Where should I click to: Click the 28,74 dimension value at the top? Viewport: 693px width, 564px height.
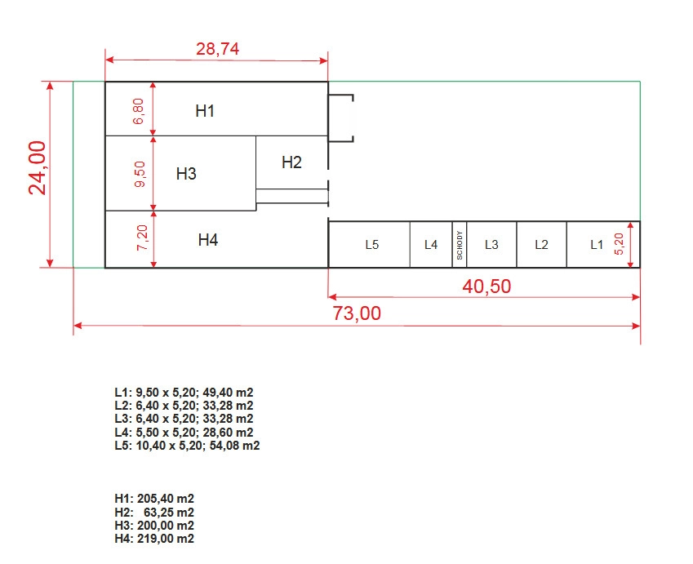[217, 48]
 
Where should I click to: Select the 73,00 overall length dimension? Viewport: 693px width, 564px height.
[357, 313]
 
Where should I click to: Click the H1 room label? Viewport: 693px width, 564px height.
[205, 110]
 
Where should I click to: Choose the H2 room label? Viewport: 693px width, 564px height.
[291, 162]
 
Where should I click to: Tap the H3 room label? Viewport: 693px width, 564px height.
[186, 173]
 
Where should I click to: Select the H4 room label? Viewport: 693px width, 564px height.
[208, 240]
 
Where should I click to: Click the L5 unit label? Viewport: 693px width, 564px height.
[372, 245]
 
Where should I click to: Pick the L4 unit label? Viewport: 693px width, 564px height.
[431, 245]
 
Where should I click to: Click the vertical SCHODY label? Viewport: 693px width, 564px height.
[460, 245]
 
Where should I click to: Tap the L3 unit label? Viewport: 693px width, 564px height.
[491, 245]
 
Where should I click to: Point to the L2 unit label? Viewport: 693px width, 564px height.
[541, 245]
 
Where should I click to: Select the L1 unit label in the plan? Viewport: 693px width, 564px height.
[597, 245]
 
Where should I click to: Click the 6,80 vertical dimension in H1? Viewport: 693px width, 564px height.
[140, 110]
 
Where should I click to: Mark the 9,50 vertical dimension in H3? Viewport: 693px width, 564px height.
[140, 174]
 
